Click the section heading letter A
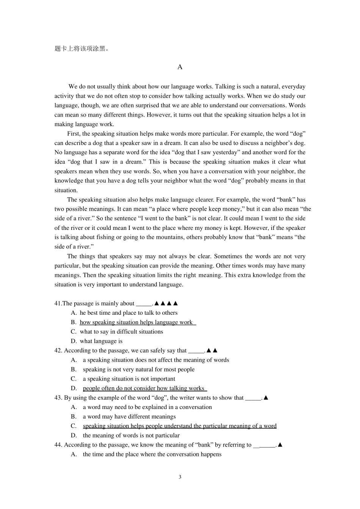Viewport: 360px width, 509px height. (x=180, y=67)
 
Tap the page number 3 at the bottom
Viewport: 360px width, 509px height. (x=180, y=477)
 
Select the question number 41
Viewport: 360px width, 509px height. (x=58, y=303)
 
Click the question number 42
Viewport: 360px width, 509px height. (x=58, y=351)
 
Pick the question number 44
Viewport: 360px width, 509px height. (x=58, y=445)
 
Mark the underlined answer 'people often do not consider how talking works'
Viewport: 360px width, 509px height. (x=144, y=388)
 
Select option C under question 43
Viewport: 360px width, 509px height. (x=180, y=426)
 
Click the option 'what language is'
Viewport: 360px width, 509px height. (x=101, y=341)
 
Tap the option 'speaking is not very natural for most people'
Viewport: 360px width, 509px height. (x=139, y=370)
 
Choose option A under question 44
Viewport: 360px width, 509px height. (x=152, y=454)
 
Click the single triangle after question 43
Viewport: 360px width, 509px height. (x=266, y=398)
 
